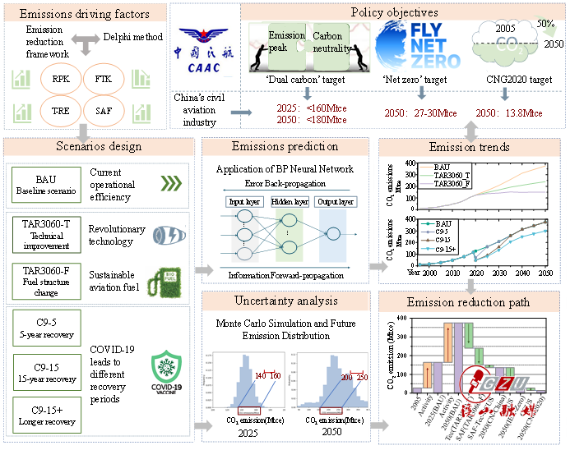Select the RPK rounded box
point(61,80)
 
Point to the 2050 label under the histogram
point(330,434)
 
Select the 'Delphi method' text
point(133,37)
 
